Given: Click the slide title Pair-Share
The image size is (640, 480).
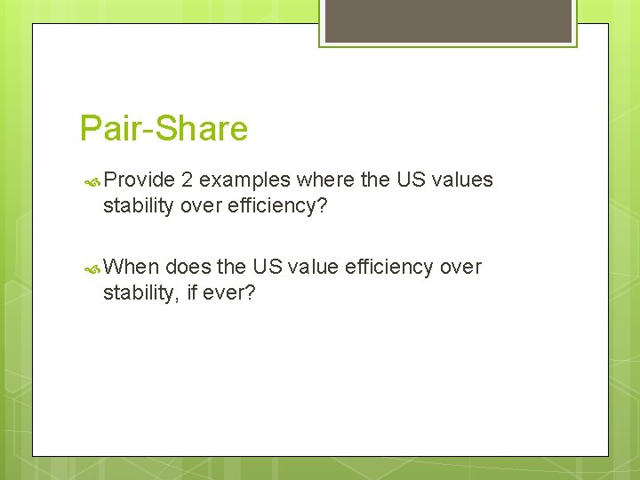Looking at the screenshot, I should coord(164,129).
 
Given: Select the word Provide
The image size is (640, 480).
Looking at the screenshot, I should coord(139,180).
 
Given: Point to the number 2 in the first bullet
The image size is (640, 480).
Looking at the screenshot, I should coord(187,180).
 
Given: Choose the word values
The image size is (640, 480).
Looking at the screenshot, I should coord(460,180).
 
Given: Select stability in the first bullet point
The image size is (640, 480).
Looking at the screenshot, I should coord(138,206).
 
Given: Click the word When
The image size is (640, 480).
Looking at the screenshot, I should coord(131,268).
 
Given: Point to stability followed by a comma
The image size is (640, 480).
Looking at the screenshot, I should coord(140,293).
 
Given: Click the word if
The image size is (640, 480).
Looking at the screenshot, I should coord(193,293).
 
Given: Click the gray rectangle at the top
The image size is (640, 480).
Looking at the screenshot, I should coord(448,20).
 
